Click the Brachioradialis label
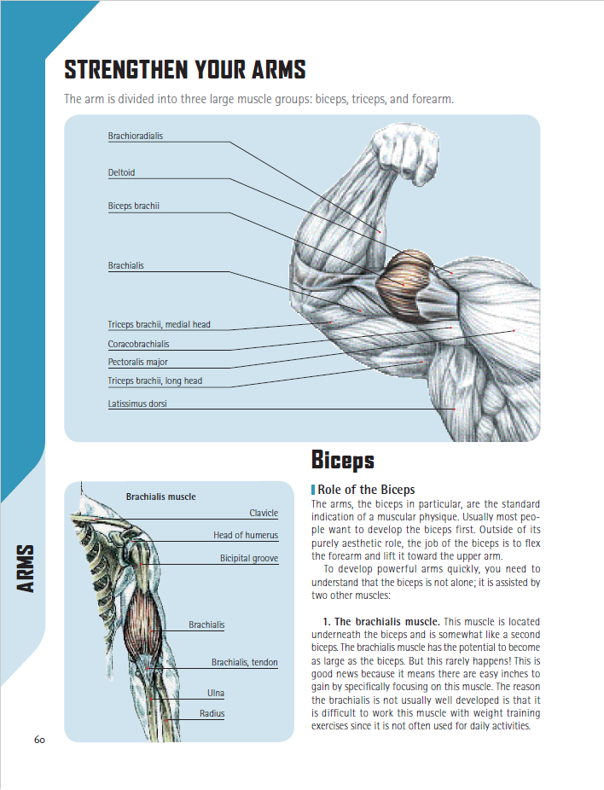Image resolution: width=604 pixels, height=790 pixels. click(135, 137)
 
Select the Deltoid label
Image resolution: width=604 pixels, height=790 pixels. click(121, 173)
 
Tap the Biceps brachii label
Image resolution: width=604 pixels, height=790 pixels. click(133, 206)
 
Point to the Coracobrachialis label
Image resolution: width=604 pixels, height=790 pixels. click(138, 345)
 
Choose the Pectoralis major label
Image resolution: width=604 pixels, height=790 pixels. click(137, 363)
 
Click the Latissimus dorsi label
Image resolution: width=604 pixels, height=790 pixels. click(136, 404)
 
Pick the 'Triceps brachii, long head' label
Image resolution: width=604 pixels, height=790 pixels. click(154, 381)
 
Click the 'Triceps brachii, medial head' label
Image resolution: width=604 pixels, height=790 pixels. click(159, 325)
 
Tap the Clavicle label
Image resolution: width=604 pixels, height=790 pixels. click(264, 514)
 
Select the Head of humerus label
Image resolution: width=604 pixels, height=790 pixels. click(246, 536)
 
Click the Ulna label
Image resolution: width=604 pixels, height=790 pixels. click(216, 693)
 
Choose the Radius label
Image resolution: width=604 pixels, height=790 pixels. click(212, 713)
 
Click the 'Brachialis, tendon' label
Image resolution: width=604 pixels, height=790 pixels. click(245, 663)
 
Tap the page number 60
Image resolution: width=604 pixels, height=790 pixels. click(39, 739)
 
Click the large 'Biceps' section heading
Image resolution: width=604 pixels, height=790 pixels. click(343, 461)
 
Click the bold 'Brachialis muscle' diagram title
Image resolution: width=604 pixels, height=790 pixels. click(160, 497)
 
